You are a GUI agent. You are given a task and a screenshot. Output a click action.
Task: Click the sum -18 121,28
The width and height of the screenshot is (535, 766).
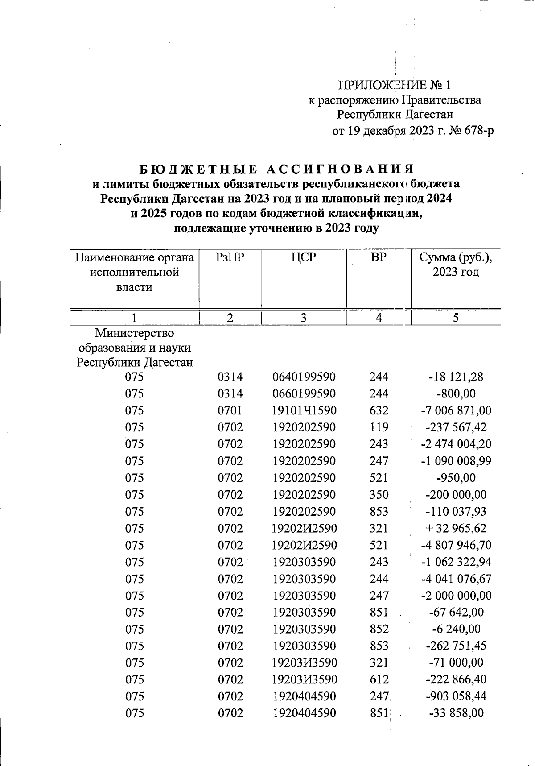point(456,377)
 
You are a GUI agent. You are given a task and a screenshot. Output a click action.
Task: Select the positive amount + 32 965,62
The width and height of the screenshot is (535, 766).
point(456,529)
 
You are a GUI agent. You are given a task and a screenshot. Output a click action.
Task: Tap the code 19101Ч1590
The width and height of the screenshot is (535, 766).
point(304,410)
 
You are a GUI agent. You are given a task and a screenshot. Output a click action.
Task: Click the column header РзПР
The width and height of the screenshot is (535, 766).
point(230,257)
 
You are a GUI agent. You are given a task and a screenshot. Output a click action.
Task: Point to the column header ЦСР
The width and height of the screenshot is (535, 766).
point(304,257)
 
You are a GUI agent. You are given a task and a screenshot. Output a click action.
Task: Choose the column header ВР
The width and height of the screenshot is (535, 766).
point(379,257)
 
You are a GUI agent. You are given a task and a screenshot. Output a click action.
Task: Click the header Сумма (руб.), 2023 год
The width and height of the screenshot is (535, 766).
point(456,265)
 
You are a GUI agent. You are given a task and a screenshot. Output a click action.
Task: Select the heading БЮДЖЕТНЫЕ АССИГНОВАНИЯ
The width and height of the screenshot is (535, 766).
point(276,169)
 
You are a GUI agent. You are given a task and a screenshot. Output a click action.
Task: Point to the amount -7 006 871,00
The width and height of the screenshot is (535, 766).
point(456,410)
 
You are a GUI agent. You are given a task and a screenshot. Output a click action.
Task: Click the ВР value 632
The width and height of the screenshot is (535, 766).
point(379,410)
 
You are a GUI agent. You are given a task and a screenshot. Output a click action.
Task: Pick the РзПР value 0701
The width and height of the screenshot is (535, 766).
point(230,410)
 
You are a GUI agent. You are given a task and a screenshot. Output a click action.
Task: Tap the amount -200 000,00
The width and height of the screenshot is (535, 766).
point(456,495)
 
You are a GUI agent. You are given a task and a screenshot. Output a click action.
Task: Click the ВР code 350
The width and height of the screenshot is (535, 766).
point(379,495)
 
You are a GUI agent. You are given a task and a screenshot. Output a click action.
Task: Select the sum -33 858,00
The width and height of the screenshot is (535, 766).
point(456,713)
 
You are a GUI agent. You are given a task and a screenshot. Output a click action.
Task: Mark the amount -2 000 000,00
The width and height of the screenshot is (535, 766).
point(456,596)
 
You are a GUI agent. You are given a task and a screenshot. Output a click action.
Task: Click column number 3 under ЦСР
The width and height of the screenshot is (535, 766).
point(304,318)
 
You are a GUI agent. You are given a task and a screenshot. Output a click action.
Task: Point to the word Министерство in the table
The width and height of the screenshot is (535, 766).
point(134,333)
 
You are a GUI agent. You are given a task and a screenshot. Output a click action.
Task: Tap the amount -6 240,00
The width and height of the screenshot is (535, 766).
point(456,629)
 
